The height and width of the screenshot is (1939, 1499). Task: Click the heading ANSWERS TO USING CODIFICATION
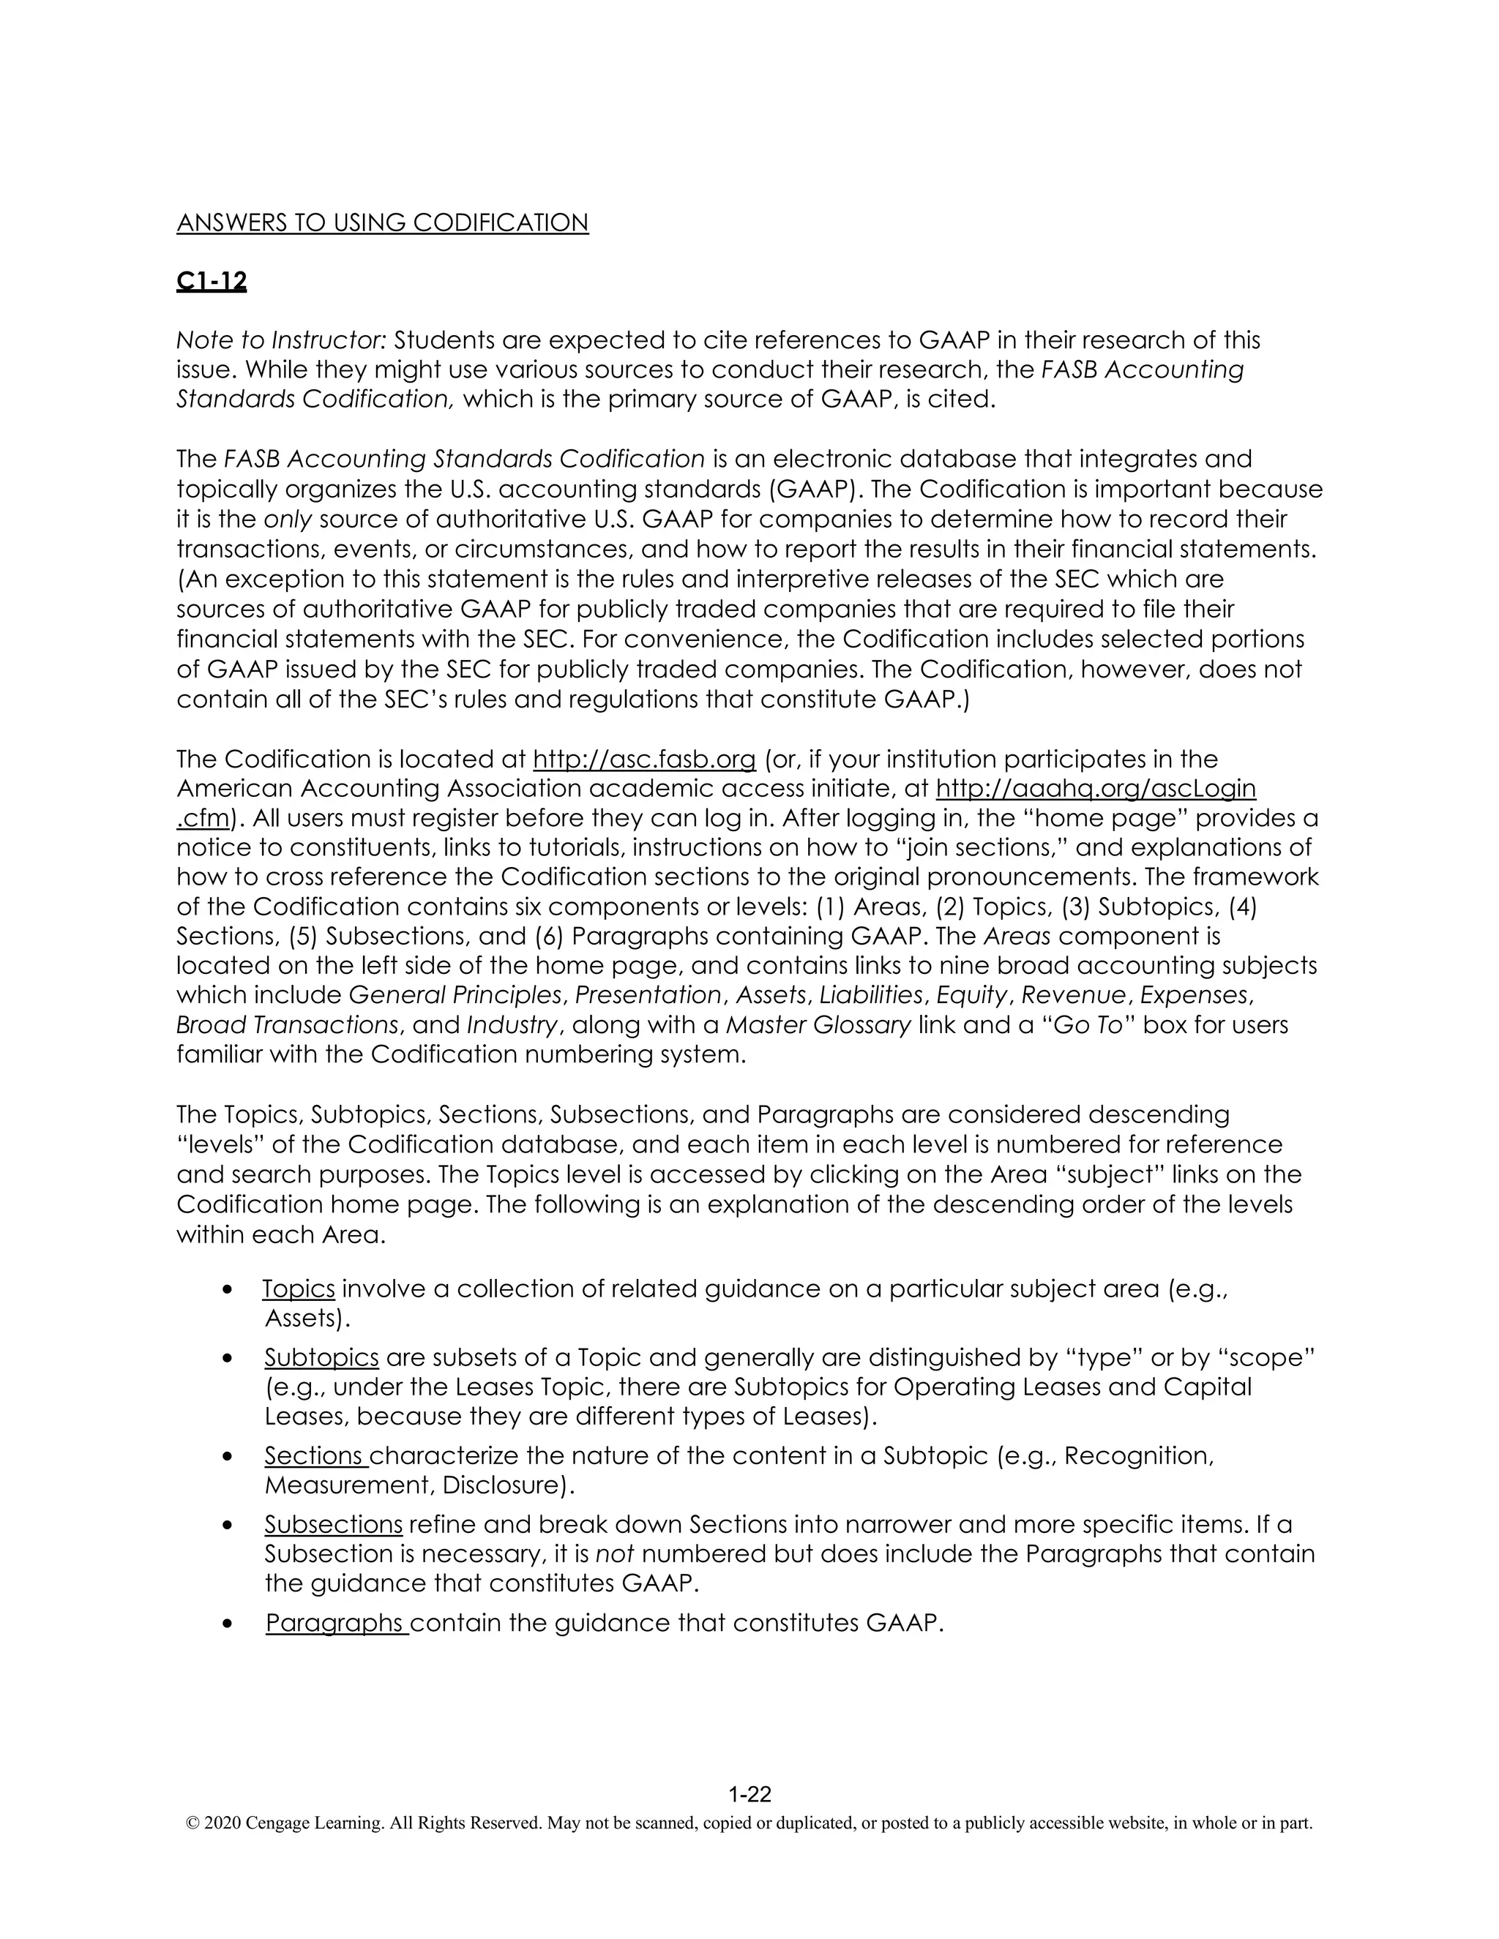tap(382, 223)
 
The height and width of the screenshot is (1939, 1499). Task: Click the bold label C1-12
tap(212, 282)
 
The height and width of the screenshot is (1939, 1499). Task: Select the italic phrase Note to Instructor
tap(282, 340)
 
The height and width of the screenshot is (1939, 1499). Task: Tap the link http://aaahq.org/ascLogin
tap(1096, 788)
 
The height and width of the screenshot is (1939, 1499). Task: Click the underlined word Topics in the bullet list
tap(299, 1289)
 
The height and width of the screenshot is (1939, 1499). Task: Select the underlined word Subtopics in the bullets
tap(321, 1357)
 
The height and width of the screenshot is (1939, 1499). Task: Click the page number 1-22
tap(749, 1794)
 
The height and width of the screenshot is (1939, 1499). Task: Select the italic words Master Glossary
tap(818, 1024)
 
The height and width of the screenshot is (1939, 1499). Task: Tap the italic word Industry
tap(512, 1024)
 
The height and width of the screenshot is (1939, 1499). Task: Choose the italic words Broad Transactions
tap(286, 1024)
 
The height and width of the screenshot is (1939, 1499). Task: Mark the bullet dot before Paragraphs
tap(228, 1623)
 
